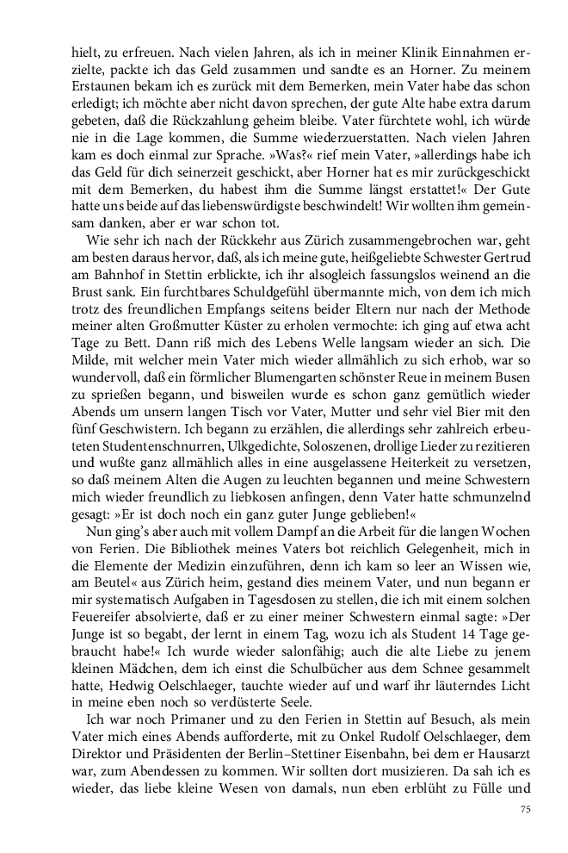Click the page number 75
[x=527, y=809]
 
